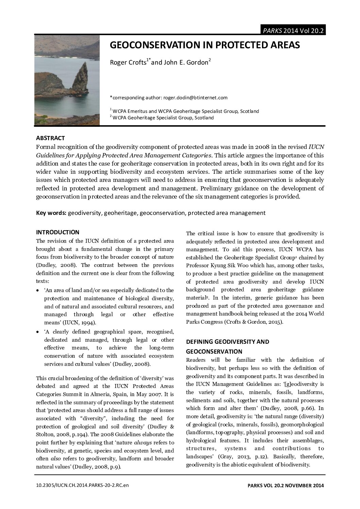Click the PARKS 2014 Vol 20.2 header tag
click(292, 31)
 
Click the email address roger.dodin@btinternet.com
click(195, 98)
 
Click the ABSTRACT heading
click(50, 138)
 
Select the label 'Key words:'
click(51, 213)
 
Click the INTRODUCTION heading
click(58, 232)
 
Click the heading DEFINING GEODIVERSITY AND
click(227, 342)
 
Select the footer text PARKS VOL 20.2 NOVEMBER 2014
click(285, 485)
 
